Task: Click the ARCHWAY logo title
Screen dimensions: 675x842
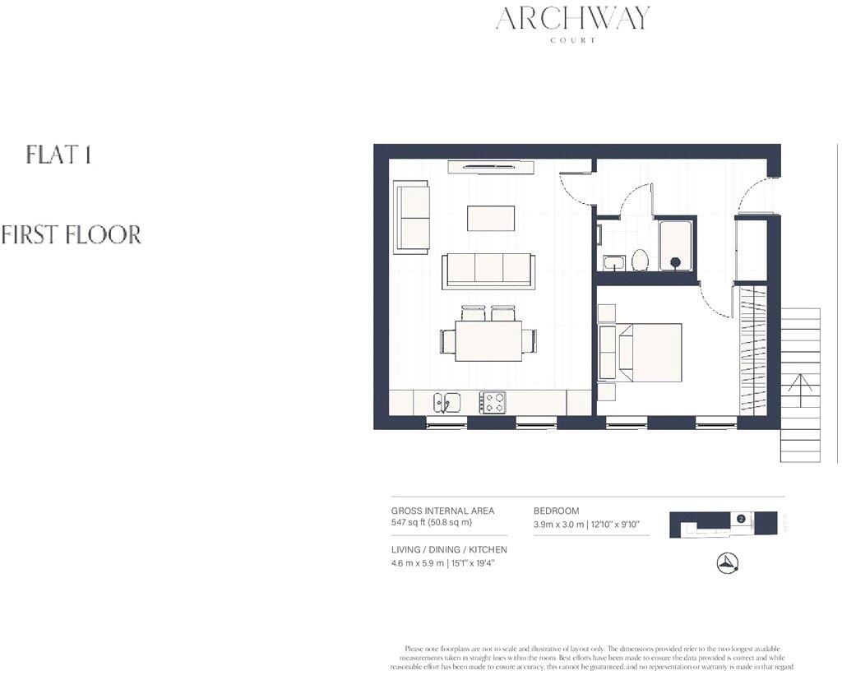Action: click(x=572, y=18)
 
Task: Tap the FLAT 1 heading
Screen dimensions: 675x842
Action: click(x=58, y=155)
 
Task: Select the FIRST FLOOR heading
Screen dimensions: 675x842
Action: click(x=71, y=235)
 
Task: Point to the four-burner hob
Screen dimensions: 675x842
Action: click(x=493, y=402)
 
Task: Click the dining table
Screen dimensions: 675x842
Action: click(x=488, y=337)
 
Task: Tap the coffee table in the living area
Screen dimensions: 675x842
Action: click(x=491, y=218)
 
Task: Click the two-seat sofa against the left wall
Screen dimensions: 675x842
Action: click(x=412, y=217)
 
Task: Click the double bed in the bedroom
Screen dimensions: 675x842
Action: click(x=648, y=352)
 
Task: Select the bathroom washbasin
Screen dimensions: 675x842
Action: click(x=613, y=263)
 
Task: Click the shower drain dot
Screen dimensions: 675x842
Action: click(x=676, y=262)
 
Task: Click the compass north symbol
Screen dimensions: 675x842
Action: click(x=728, y=562)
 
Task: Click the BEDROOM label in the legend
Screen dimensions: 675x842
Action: click(x=557, y=511)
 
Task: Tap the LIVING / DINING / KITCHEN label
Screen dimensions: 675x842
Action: click(x=449, y=550)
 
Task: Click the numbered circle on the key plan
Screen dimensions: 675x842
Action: click(x=741, y=520)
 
